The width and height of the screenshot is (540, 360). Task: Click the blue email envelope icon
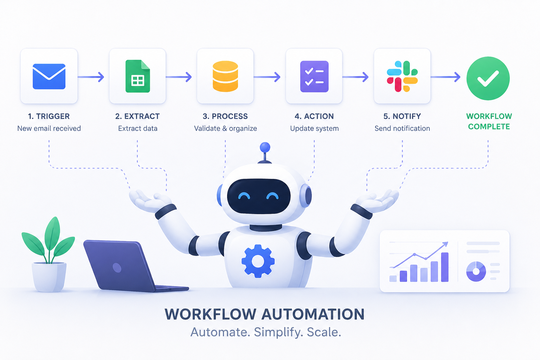point(49,76)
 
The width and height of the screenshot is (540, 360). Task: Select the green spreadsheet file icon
point(138,76)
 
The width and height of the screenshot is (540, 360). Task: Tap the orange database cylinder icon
point(225,76)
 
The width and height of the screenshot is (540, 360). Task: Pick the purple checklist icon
point(314,76)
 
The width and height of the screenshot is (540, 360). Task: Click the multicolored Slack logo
point(402,76)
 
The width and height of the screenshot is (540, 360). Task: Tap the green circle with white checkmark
point(488,78)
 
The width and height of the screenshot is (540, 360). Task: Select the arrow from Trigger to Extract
point(91,77)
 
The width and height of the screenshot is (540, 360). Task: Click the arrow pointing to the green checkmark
point(445,77)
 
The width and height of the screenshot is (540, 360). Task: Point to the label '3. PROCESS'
point(225,116)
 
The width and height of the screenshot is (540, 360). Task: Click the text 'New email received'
point(49,128)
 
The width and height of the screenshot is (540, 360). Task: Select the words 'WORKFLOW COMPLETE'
point(489,121)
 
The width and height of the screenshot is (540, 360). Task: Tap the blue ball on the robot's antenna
point(265,147)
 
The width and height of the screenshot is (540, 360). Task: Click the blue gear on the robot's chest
point(258,261)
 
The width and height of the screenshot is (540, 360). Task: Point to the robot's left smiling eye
point(244,196)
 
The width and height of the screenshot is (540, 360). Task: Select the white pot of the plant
point(49,277)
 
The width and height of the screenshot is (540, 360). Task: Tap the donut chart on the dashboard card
point(476,271)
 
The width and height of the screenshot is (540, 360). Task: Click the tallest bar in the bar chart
point(445,267)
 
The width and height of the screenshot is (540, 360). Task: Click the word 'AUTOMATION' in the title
point(313,314)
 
